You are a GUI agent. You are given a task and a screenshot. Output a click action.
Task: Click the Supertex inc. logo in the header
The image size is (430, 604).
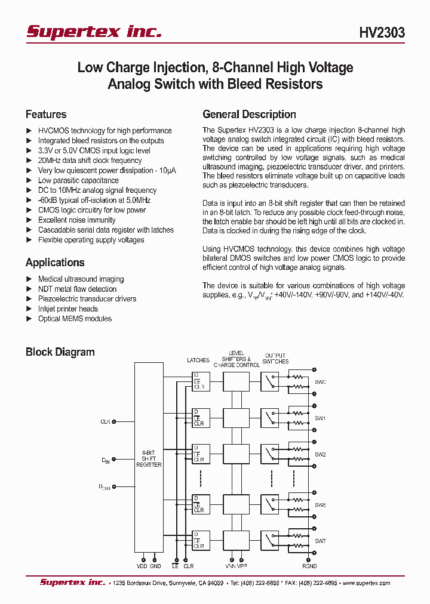pyautogui.click(x=94, y=32)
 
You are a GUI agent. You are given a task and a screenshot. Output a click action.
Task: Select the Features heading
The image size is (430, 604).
pyautogui.click(x=46, y=114)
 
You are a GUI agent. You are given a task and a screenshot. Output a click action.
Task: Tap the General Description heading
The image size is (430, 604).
pyautogui.click(x=249, y=114)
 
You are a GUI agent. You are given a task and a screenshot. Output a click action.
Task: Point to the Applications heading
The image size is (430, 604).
pyautogui.click(x=55, y=263)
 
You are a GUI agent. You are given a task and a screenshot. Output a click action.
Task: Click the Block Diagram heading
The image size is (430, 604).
pyautogui.click(x=60, y=352)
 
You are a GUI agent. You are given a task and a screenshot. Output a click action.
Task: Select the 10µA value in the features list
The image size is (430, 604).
pyautogui.click(x=167, y=170)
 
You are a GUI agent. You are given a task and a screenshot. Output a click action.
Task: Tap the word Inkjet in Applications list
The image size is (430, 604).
pyautogui.click(x=48, y=309)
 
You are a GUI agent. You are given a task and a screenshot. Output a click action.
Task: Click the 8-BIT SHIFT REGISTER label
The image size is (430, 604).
pyautogui.click(x=149, y=458)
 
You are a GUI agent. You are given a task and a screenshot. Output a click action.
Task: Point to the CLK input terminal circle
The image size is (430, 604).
pyautogui.click(x=115, y=421)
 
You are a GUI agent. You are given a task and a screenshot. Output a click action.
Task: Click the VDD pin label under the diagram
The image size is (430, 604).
pyautogui.click(x=142, y=566)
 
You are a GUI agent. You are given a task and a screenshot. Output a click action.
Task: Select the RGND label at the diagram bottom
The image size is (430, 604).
pyautogui.click(x=309, y=566)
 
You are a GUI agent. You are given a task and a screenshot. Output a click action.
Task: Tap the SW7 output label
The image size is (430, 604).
pyautogui.click(x=320, y=541)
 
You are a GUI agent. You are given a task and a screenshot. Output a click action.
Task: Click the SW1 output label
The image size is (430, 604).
pyautogui.click(x=320, y=418)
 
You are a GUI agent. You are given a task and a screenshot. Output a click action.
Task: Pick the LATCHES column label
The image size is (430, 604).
pyautogui.click(x=198, y=360)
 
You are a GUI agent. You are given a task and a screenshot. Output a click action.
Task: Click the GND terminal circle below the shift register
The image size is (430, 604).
pyautogui.click(x=155, y=559)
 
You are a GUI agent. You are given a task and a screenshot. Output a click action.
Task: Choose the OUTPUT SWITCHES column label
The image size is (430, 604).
pyautogui.click(x=275, y=358)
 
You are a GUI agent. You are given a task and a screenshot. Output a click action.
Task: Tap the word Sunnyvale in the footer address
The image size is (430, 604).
pyautogui.click(x=184, y=583)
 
